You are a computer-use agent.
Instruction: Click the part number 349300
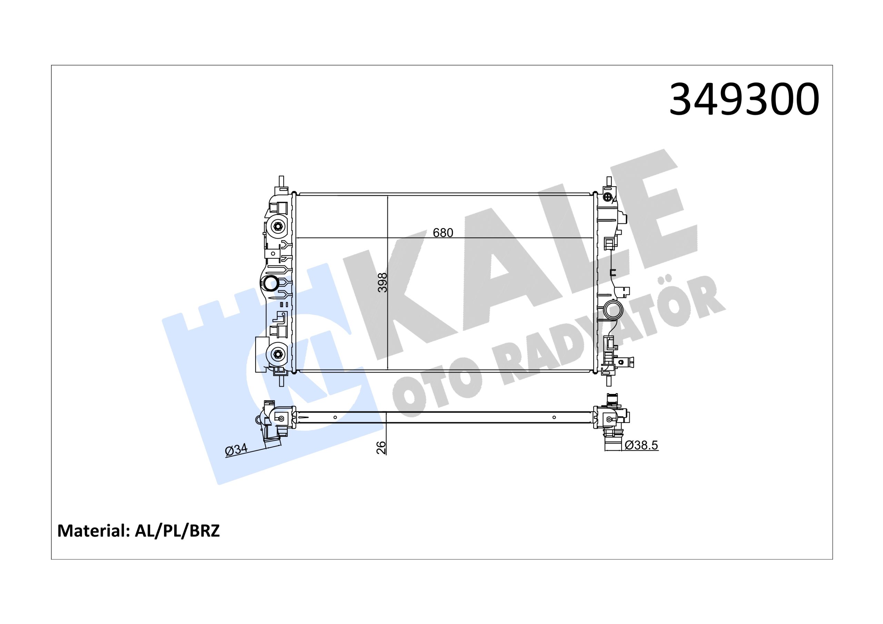click(744, 100)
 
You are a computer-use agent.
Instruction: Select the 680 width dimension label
click(443, 233)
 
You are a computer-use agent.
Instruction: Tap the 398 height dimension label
click(382, 283)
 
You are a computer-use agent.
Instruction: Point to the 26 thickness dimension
click(381, 447)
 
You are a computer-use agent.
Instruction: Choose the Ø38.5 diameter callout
click(641, 445)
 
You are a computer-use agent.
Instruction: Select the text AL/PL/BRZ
click(177, 531)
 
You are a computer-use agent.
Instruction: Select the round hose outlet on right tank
click(612, 310)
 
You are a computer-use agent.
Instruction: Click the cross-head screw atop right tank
click(608, 197)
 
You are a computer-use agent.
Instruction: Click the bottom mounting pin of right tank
click(609, 380)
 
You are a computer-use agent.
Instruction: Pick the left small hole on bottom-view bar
click(335, 417)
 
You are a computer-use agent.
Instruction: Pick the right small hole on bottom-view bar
click(554, 417)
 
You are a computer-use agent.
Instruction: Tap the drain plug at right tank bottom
click(627, 362)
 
